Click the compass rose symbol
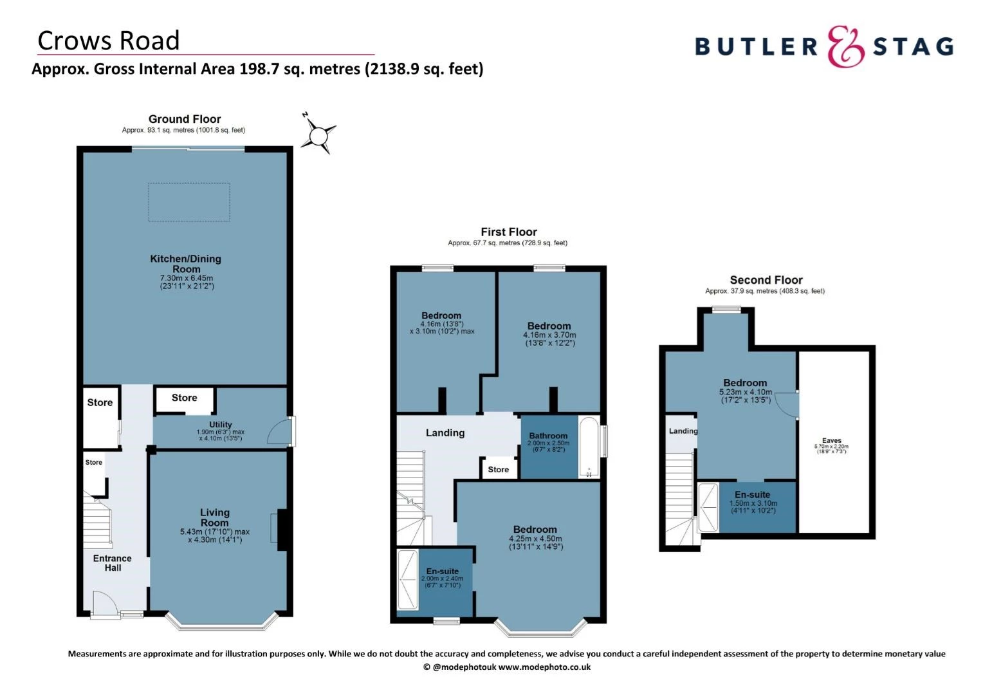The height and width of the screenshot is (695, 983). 318,136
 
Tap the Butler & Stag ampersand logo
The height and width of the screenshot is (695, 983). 845,46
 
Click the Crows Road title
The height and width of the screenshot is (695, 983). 109,41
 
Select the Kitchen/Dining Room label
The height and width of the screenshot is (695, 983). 186,263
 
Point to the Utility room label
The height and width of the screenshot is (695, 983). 220,425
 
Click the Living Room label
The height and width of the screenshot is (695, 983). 214,517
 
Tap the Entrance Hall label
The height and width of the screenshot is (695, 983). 113,562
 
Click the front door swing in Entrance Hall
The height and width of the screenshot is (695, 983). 104,604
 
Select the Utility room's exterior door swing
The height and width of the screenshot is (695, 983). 279,432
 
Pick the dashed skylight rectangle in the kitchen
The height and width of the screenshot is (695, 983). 189,202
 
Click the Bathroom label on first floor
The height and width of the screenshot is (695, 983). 548,436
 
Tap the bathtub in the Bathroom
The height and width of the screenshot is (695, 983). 588,447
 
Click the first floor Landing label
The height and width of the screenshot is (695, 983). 445,433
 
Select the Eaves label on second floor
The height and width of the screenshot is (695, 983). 831,441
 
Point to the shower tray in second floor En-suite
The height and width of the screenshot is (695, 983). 708,507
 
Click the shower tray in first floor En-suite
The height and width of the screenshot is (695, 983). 407,579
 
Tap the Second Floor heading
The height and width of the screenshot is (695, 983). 766,280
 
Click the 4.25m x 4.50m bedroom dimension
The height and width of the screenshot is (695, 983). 535,539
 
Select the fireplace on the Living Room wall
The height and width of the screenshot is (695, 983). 281,530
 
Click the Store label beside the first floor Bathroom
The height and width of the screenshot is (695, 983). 498,469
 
